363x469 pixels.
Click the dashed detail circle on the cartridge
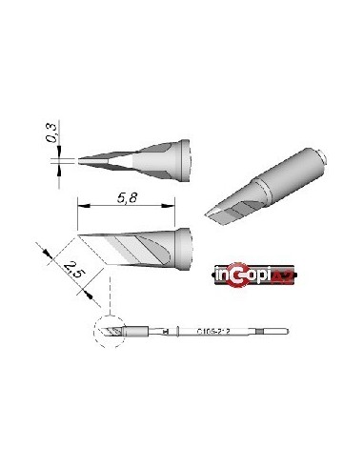(x=111, y=332)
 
